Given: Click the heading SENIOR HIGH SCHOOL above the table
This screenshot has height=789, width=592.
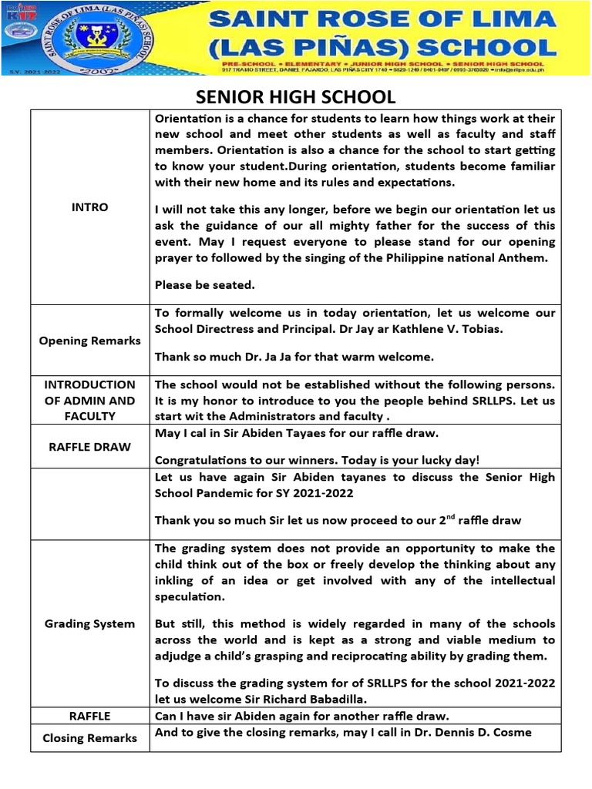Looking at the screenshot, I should (296, 97).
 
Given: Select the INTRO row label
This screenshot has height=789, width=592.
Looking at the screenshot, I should (89, 207).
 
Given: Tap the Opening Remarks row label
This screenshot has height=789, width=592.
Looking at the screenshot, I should (89, 341).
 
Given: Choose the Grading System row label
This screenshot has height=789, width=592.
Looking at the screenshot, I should (89, 623).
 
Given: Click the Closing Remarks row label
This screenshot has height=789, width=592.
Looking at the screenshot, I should (89, 737).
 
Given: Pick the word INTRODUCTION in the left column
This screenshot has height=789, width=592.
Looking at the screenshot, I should (89, 384).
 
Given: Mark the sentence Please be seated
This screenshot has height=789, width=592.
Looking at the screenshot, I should (204, 285).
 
